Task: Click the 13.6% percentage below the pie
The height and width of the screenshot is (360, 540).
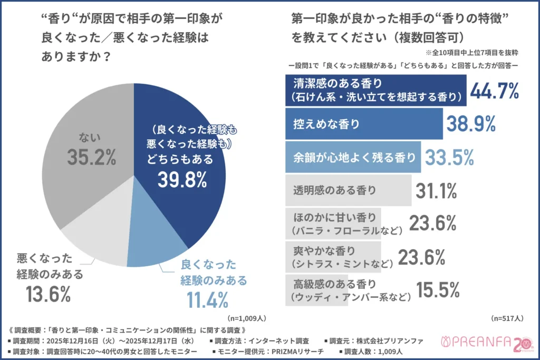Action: tap(48, 294)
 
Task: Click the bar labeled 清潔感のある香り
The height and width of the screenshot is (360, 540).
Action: tap(375, 90)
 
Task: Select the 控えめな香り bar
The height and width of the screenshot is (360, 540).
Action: tap(364, 124)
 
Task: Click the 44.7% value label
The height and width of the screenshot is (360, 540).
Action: tap(494, 90)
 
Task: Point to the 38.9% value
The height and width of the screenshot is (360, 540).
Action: tap(470, 124)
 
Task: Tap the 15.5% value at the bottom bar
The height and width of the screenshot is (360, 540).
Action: tap(438, 289)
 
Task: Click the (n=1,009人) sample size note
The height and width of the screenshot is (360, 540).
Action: tap(246, 318)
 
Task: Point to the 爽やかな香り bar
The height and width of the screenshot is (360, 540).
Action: tap(333, 256)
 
